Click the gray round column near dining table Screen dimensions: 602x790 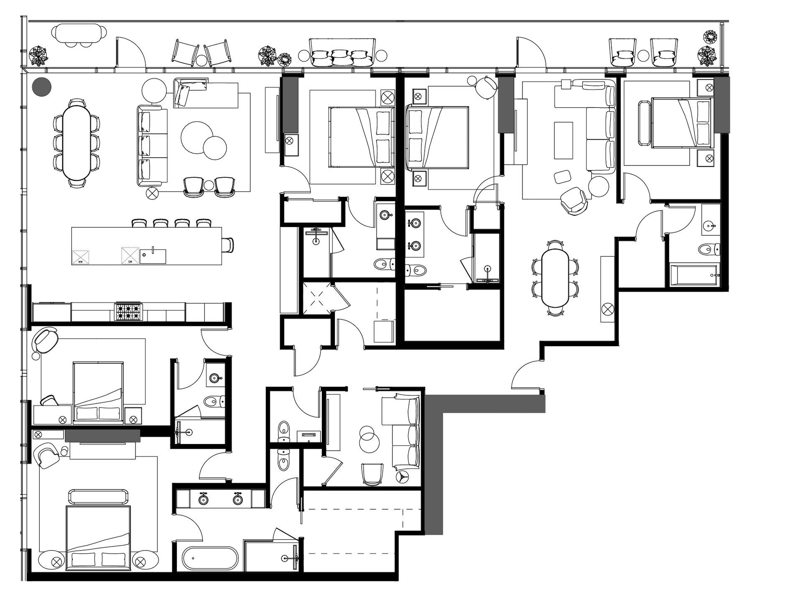42,87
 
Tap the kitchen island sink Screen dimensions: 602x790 153,256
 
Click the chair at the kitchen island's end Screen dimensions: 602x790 228,245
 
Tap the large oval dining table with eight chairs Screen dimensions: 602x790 77,142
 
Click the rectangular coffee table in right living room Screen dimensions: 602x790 563,140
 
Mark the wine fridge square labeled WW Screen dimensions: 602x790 81,257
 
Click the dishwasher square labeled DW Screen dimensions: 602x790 130,256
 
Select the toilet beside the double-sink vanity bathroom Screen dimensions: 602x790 415,271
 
